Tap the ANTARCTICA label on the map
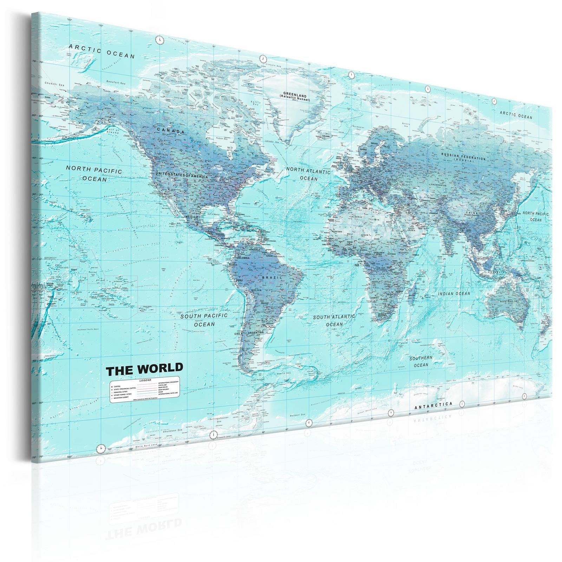pos(433,406)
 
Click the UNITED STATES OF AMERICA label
pos(182,175)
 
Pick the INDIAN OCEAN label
pos(454,293)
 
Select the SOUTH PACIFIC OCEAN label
pos(204,320)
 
